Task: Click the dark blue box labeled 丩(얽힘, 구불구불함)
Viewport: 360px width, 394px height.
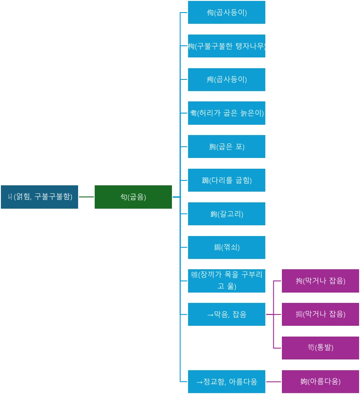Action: [40, 197]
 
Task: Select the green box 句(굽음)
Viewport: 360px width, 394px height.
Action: [133, 197]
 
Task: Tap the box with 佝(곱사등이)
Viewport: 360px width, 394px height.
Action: [226, 13]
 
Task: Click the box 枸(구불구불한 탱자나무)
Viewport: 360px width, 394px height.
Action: [226, 46]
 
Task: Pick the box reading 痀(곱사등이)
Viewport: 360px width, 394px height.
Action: [226, 80]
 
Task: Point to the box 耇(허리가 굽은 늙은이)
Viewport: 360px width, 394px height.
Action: [226, 113]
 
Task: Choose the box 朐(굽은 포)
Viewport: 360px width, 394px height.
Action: [226, 147]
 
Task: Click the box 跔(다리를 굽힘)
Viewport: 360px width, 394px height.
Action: [226, 180]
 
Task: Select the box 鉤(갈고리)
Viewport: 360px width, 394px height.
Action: [226, 214]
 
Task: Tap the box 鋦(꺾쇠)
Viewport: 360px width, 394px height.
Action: [226, 247]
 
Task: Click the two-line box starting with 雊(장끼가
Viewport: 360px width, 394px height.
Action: [226, 281]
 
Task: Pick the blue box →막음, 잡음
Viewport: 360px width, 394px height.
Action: [226, 314]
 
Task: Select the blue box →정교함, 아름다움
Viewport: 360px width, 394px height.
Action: [226, 382]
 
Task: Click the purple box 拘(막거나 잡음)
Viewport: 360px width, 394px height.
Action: [320, 281]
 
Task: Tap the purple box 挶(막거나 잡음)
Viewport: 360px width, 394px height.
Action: [320, 314]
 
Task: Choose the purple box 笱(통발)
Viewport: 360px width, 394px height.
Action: [320, 348]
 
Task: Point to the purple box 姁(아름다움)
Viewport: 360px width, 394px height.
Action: [320, 382]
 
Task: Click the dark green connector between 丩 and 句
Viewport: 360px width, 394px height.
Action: [86, 196]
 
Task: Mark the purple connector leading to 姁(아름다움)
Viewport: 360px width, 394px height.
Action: [273, 382]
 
